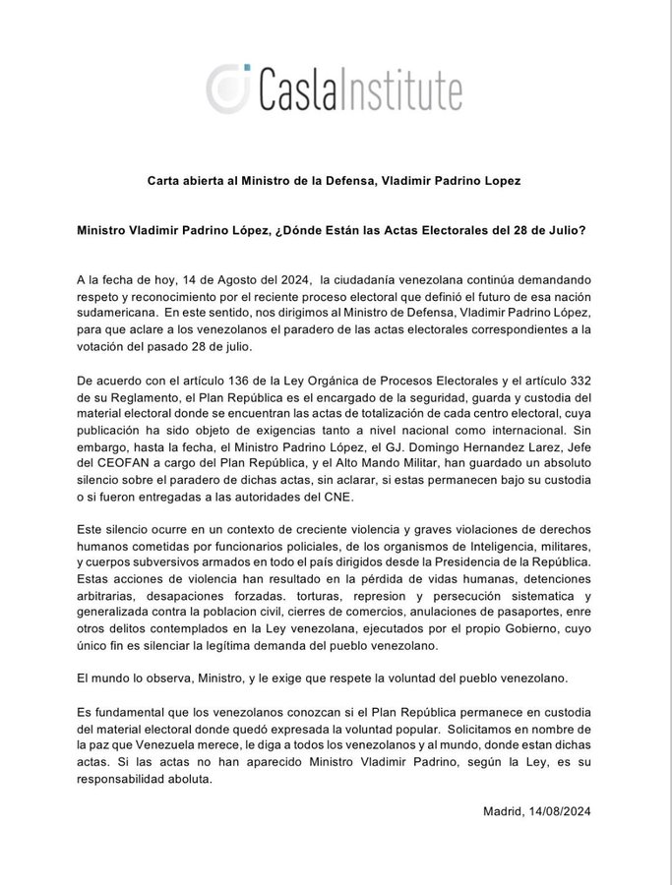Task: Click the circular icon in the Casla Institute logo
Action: (229, 88)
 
